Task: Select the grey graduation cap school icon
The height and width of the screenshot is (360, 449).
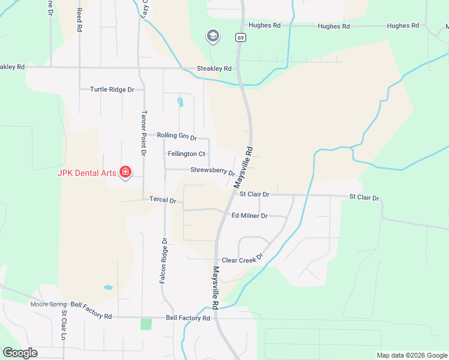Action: coord(212,37)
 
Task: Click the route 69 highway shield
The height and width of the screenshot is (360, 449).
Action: coord(241,37)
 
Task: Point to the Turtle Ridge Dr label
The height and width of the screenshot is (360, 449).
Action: coord(112,89)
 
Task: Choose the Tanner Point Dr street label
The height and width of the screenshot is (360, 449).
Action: coord(143,133)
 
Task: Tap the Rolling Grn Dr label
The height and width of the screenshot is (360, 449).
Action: coord(176,136)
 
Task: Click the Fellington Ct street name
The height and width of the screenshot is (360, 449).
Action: coord(186,154)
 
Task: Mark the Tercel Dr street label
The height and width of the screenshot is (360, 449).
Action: coord(163,200)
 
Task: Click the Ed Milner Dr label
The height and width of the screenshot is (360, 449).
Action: coord(249,215)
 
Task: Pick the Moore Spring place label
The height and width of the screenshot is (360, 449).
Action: coord(50,304)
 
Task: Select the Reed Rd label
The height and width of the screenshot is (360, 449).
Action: coord(78,19)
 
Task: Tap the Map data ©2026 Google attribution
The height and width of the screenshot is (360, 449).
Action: coord(412,355)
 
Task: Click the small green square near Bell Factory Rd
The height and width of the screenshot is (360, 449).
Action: coord(146,324)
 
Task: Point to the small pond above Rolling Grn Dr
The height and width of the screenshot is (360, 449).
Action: coord(180,102)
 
